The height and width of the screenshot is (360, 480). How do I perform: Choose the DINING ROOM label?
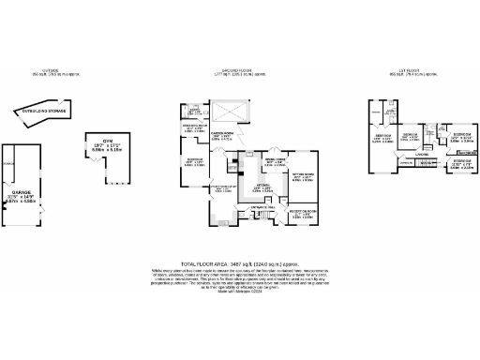273,161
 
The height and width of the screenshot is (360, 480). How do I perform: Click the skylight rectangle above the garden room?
230,113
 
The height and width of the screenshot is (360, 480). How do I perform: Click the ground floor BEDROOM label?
195,160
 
